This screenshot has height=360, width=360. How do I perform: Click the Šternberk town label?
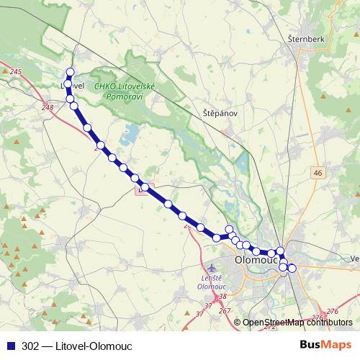pos(307,37)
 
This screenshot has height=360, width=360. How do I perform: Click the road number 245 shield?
pos(17,72)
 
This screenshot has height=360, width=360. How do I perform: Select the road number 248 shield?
pos(48,108)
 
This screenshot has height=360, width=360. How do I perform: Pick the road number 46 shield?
pos(318,172)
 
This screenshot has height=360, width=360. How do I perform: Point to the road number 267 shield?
pos(225,310)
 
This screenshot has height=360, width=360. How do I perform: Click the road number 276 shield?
pos(332,310)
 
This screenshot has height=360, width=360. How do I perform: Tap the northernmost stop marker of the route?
pos(71,72)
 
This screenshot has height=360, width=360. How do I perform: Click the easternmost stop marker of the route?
pos(292,268)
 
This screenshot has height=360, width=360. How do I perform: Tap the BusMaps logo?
pos(325,345)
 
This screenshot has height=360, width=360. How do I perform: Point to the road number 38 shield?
pos(222,297)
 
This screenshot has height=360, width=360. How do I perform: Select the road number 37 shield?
pos(199,314)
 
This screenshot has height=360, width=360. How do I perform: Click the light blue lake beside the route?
pos(130,133)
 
